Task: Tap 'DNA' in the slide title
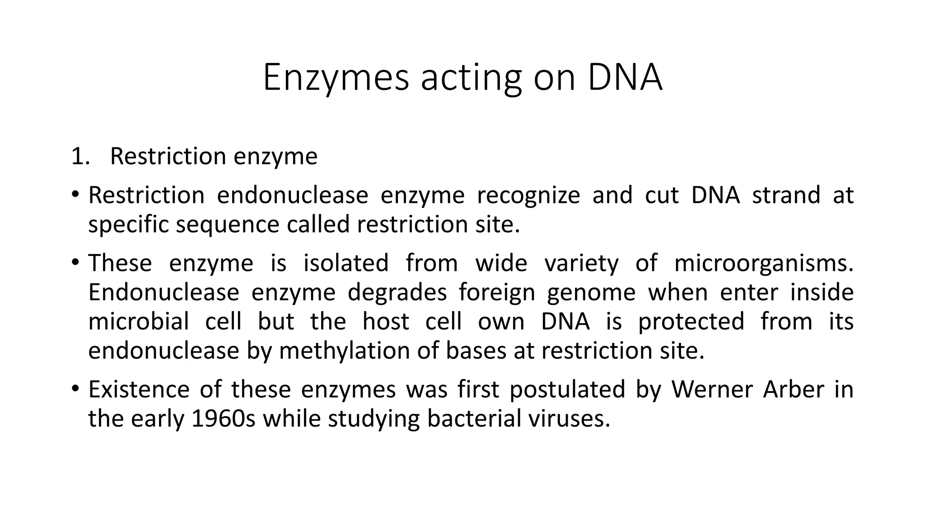point(625,78)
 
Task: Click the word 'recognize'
point(528,195)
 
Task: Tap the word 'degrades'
point(397,293)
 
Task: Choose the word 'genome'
point(591,293)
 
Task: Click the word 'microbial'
point(139,322)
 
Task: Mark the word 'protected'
point(691,322)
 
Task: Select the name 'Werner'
point(711,389)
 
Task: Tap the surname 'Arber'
point(794,389)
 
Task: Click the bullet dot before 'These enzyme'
point(75,262)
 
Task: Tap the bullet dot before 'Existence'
point(75,388)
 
